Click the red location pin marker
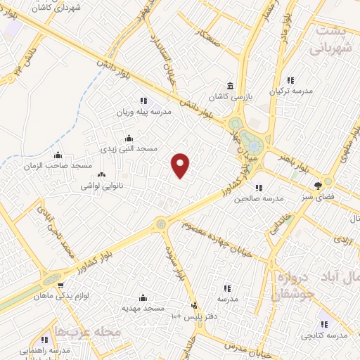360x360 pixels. click(x=181, y=166)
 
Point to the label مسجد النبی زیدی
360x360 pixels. click(x=129, y=149)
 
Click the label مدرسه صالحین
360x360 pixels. click(x=259, y=199)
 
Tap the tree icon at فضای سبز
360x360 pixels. click(x=319, y=186)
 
